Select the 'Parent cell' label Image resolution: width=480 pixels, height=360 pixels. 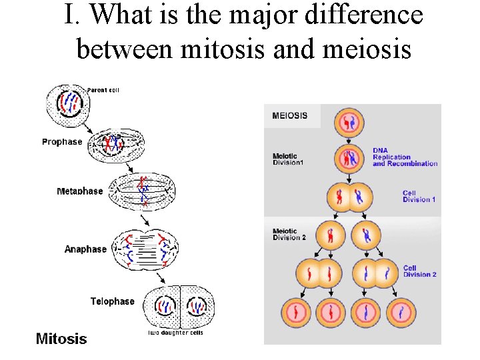point(103,90)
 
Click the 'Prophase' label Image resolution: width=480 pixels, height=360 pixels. point(62,141)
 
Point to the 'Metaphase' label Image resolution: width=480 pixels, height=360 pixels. point(80,191)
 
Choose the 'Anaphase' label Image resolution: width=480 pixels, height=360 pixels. point(85,249)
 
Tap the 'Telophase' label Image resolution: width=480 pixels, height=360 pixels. point(112,301)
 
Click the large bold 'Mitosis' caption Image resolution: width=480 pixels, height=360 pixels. point(61,339)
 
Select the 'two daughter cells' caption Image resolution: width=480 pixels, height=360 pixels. point(175,333)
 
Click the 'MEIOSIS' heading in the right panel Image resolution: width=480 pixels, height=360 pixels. point(290,115)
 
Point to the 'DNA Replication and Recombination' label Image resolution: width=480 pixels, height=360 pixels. point(405,157)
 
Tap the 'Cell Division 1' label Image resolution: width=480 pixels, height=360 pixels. point(419,197)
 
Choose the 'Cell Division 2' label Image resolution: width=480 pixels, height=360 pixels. point(419,271)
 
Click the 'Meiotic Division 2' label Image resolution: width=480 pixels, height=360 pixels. point(289,235)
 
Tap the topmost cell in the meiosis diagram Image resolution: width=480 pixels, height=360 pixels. point(349,124)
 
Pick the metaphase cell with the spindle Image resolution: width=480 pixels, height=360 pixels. point(143,193)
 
